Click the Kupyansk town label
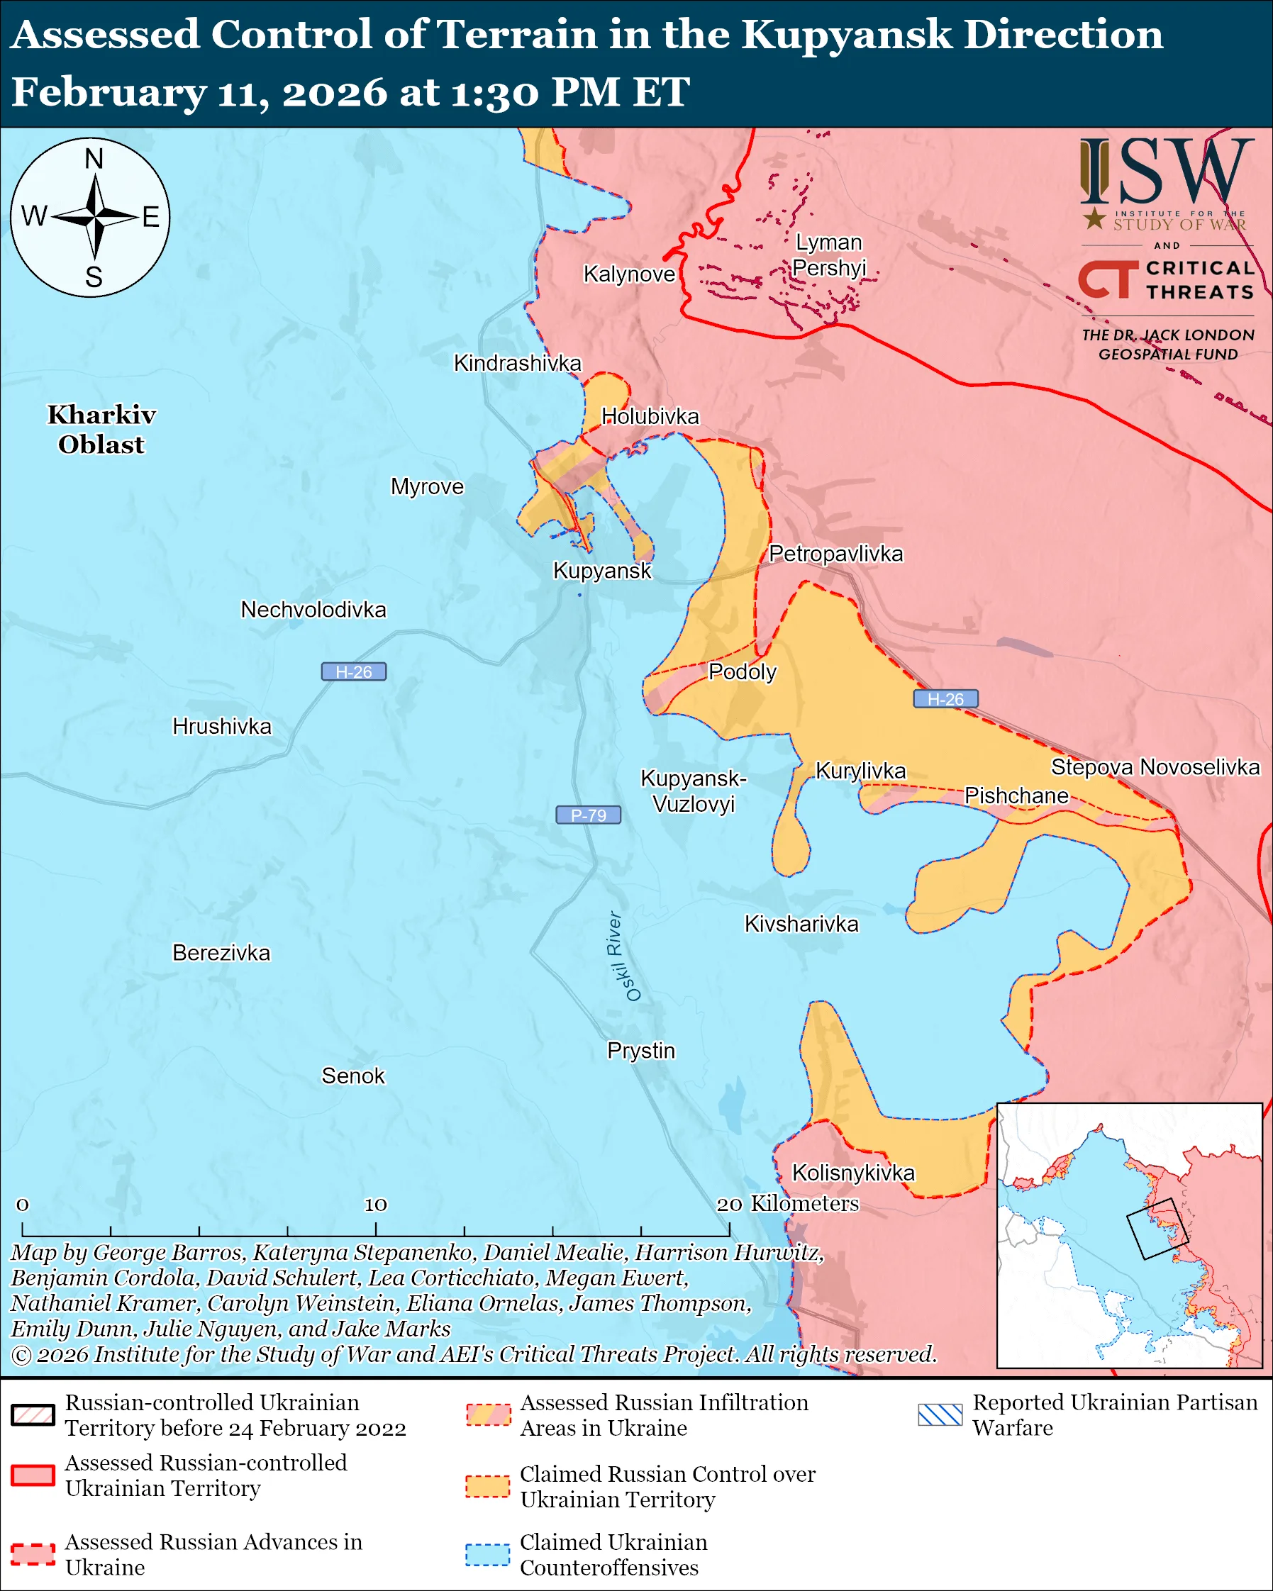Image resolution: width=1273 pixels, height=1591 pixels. (602, 571)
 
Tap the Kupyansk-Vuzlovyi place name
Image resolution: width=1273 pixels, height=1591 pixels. (693, 791)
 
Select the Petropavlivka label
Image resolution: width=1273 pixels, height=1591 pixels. (835, 554)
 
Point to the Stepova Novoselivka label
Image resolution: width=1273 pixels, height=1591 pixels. (1155, 766)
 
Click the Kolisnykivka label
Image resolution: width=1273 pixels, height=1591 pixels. (853, 1173)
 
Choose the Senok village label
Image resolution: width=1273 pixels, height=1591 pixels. (352, 1076)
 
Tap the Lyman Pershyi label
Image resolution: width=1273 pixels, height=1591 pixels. (829, 255)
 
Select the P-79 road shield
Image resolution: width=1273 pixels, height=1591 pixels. (588, 815)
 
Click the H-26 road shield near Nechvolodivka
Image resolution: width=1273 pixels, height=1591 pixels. (353, 671)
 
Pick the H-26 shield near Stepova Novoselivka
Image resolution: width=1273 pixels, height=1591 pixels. (945, 699)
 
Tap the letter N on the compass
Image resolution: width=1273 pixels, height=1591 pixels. (94, 159)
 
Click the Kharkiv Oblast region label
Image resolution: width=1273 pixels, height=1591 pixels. (102, 430)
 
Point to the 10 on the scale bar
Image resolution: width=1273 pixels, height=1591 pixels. (375, 1205)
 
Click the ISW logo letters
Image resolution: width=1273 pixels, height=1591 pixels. (1166, 174)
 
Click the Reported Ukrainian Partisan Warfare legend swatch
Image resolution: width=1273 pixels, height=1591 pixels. (940, 1414)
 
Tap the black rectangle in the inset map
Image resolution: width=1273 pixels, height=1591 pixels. (1157, 1229)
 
